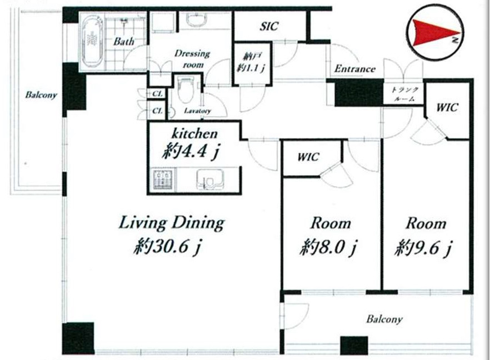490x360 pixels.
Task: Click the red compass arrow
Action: pyautogui.click(x=434, y=32)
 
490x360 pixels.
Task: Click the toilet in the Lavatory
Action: pyautogui.click(x=186, y=89)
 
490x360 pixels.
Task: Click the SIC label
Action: pyautogui.click(x=269, y=26)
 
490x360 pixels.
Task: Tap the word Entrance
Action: pyautogui.click(x=354, y=68)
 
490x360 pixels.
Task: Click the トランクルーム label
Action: pyautogui.click(x=404, y=94)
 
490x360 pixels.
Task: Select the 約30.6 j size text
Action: pyautogui.click(x=168, y=247)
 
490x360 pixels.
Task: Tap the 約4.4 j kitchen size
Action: pyautogui.click(x=191, y=152)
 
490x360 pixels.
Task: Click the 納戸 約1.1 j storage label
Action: pyautogui.click(x=251, y=62)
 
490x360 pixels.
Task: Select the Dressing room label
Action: pyautogui.click(x=192, y=59)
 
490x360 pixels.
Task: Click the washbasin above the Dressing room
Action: pyautogui.click(x=196, y=19)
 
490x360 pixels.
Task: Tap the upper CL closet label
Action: pyautogui.click(x=157, y=94)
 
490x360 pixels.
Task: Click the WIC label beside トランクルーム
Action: pyautogui.click(x=447, y=108)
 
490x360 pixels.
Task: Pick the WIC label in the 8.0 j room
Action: pyautogui.click(x=308, y=157)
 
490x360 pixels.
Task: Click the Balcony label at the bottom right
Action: pyautogui.click(x=384, y=319)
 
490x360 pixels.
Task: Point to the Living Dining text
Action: pyautogui.click(x=172, y=223)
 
